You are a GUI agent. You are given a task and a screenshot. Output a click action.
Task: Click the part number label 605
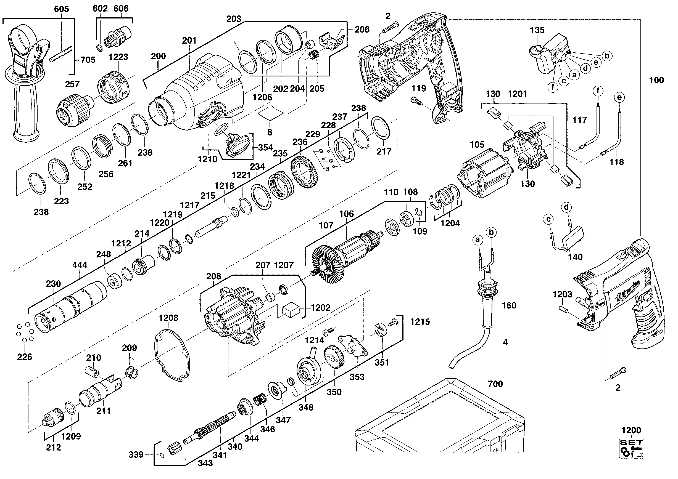(x=61, y=9)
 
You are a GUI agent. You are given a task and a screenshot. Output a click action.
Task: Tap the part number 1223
(x=118, y=57)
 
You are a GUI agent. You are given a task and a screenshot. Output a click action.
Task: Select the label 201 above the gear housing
(x=189, y=40)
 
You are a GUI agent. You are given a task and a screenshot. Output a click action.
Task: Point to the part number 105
(x=477, y=145)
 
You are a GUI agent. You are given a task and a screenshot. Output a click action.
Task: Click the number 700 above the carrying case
(x=495, y=384)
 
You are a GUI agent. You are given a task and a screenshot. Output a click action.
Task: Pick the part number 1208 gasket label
(x=168, y=318)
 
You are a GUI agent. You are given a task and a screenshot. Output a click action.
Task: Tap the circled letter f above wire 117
(x=598, y=91)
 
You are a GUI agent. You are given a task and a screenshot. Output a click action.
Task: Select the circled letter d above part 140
(x=566, y=207)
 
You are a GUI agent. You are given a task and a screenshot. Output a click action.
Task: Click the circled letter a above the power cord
(x=477, y=240)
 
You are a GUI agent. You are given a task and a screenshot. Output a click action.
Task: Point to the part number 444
(x=80, y=265)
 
